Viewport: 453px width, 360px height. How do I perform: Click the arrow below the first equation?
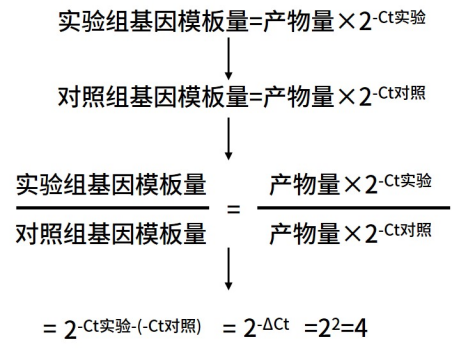229,61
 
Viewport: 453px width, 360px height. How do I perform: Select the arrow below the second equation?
229,138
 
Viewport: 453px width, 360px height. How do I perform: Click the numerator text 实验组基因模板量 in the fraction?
111,185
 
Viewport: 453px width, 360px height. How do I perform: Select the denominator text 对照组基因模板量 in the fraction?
111,235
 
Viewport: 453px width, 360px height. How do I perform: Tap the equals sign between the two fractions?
233,210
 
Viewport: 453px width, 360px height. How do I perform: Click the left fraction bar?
111,209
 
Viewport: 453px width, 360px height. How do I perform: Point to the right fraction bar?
352,209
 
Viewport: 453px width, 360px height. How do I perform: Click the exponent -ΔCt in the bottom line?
272,322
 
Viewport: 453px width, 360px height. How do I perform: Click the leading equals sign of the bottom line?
46,328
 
